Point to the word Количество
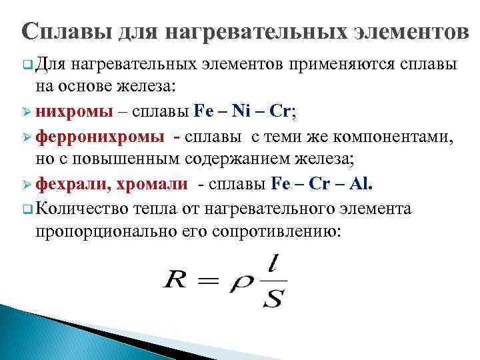click(x=83, y=208)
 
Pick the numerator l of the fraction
click(x=272, y=262)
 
